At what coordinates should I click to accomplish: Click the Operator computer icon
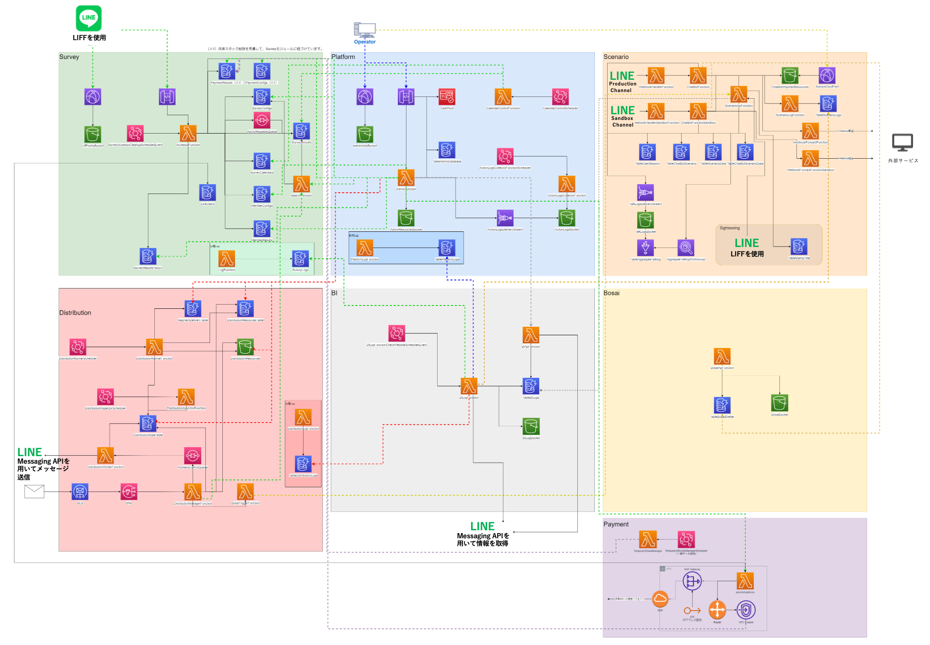pos(364,30)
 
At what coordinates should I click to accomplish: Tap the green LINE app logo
pos(89,18)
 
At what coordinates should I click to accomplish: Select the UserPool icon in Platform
pos(447,97)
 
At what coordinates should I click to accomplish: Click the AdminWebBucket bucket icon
pos(365,135)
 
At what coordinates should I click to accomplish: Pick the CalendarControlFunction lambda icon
pos(503,97)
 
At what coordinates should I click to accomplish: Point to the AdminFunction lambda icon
pos(406,178)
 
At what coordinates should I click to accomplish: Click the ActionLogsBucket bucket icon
pos(566,218)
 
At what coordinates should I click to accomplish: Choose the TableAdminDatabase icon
pos(447,150)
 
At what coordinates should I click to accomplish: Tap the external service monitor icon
pos(902,143)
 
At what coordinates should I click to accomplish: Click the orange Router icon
pos(717,610)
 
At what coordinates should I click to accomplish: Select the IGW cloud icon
pos(660,599)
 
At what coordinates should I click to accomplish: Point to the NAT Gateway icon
pos(692,581)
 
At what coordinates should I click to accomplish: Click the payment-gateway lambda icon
pos(745,581)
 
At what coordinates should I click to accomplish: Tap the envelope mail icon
pos(34,492)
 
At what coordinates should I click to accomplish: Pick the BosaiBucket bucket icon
pos(779,403)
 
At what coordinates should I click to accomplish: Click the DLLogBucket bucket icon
pos(531,426)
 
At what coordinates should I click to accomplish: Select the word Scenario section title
pos(616,57)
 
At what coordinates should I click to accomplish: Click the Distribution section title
pos(75,313)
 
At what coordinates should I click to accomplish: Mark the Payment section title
pos(616,524)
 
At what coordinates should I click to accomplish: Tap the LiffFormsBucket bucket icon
pos(93,135)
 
